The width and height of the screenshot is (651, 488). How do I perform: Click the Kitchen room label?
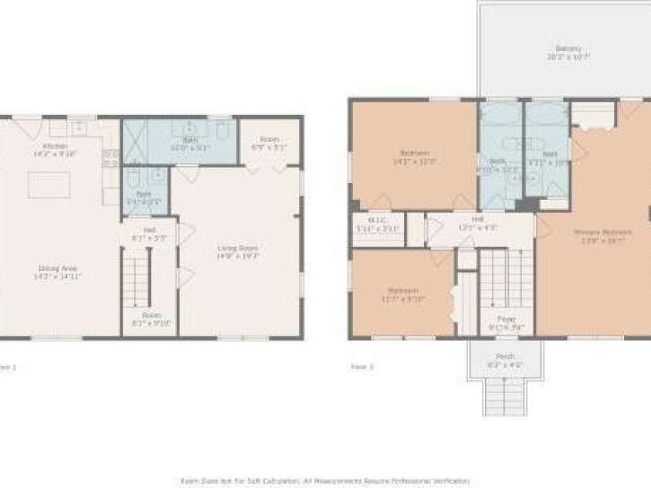coord(55,146)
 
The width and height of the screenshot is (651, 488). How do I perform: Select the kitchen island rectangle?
coord(49,185)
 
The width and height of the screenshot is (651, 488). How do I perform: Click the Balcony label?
coord(568,49)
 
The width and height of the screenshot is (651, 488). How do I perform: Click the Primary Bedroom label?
coord(603,232)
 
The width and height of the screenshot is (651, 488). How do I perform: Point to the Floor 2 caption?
coord(361,368)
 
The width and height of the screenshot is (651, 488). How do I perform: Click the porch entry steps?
coord(506,397)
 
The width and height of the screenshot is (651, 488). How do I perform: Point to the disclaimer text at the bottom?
coord(324,480)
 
